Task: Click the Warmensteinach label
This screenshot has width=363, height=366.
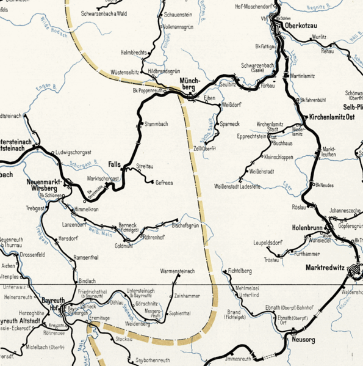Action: pyautogui.click(x=177, y=271)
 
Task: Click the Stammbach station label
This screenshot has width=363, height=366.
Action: pyautogui.click(x=156, y=124)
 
